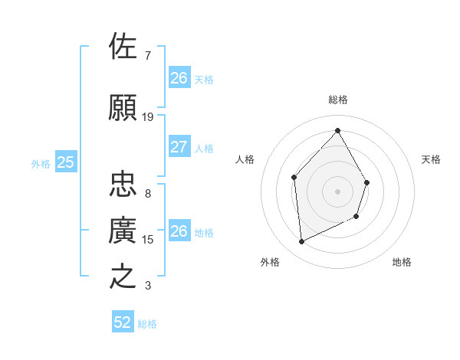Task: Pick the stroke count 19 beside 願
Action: [x=148, y=117]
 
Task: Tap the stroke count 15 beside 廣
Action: [x=148, y=240]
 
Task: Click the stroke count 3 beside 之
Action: [x=148, y=286]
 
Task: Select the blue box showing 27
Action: [x=179, y=147]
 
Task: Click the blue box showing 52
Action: [x=123, y=322]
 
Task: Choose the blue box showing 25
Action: [x=66, y=162]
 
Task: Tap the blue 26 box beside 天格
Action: [x=179, y=78]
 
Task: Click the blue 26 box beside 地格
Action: [x=179, y=231]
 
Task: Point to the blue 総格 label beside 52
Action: [x=147, y=324]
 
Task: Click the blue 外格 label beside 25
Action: [x=41, y=163]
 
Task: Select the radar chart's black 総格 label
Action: [x=337, y=100]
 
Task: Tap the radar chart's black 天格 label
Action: [x=431, y=159]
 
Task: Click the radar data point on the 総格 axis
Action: [x=337, y=130]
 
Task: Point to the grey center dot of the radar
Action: [x=337, y=191]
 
